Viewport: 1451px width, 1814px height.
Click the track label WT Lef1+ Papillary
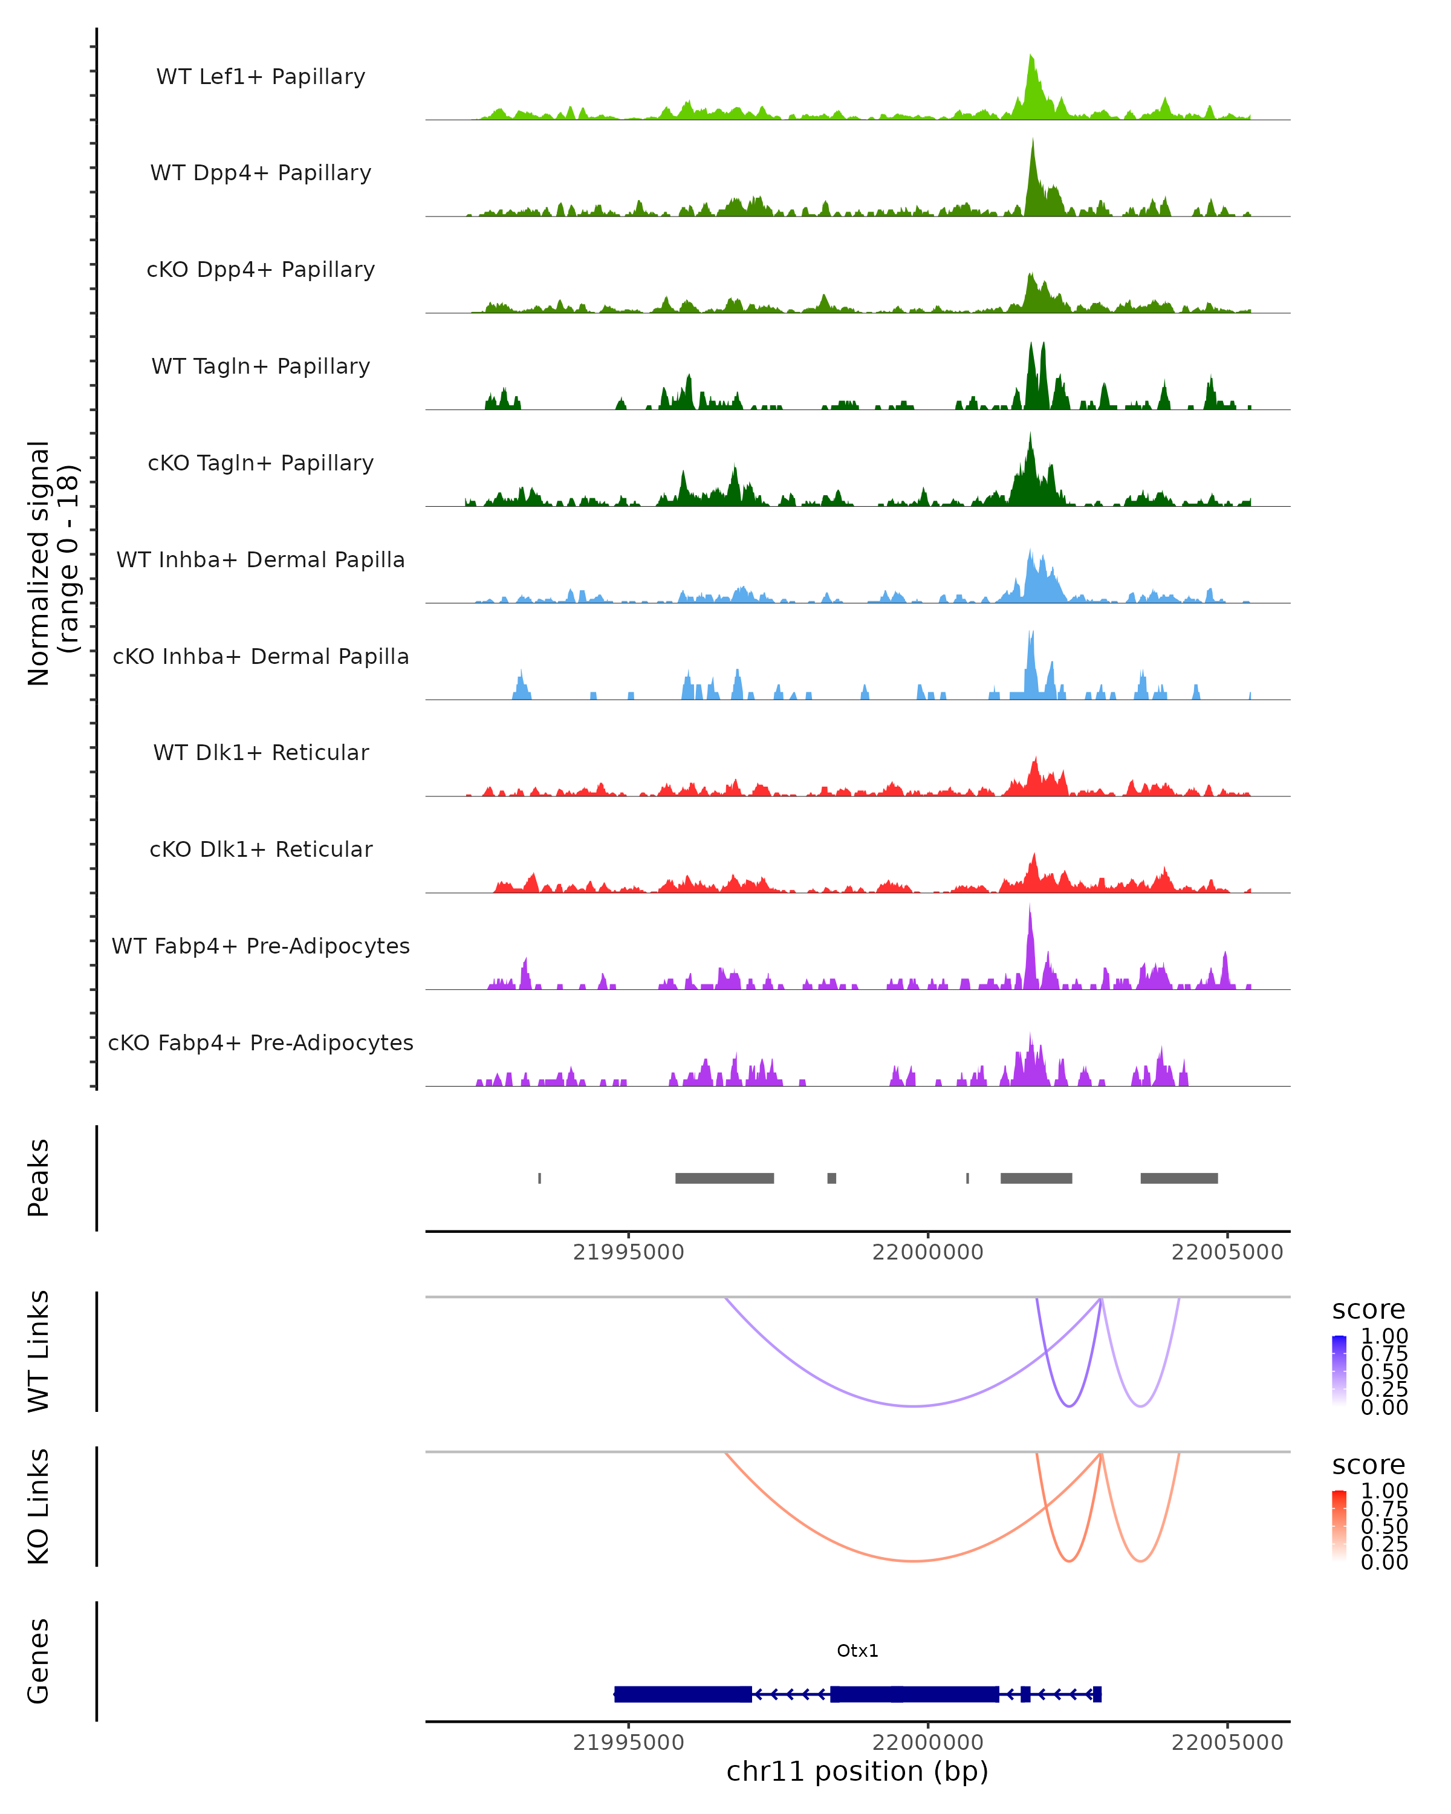click(261, 77)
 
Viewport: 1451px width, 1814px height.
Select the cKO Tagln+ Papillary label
click(261, 463)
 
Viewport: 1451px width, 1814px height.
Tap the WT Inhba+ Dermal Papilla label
click(261, 559)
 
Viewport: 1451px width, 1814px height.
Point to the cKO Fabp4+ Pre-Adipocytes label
click(261, 1042)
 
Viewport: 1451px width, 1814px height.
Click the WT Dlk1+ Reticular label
click(261, 752)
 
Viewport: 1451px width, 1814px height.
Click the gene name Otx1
click(857, 1651)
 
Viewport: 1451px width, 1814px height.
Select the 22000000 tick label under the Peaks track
click(928, 1252)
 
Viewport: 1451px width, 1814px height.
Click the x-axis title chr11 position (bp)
click(857, 1771)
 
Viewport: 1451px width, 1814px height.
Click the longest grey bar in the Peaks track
click(724, 1178)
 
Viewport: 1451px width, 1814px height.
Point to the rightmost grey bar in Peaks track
click(1178, 1178)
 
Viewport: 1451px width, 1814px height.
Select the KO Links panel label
click(39, 1506)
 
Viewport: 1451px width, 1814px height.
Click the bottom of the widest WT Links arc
click(914, 1406)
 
